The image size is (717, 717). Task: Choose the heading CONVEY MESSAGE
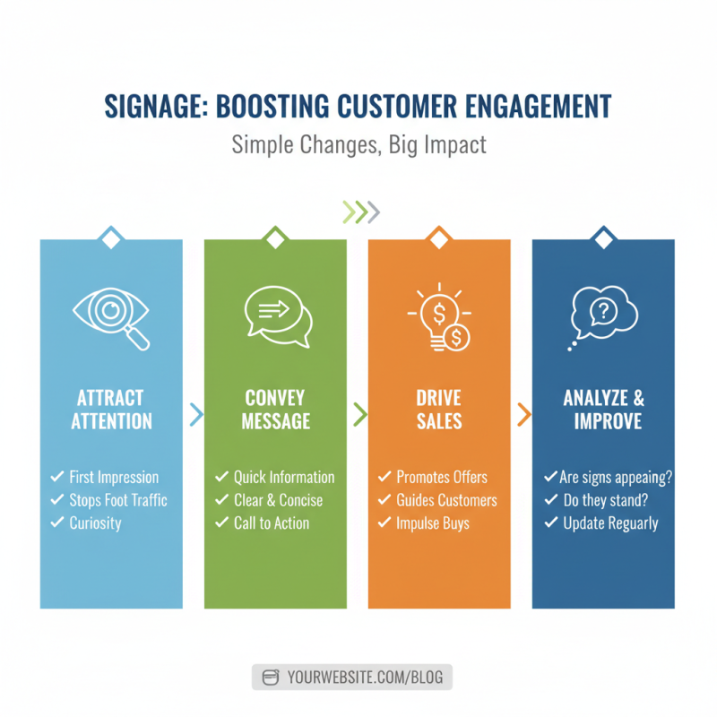point(276,410)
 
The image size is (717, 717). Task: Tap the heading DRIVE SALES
point(439,410)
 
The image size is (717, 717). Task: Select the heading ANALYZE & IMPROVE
point(603,410)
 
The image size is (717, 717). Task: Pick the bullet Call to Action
point(271,523)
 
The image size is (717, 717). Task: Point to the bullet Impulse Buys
point(433,523)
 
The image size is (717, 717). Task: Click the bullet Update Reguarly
point(610,523)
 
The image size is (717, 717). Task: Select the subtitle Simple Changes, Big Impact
point(358,144)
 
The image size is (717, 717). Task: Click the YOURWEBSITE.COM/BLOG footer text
point(365,678)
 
